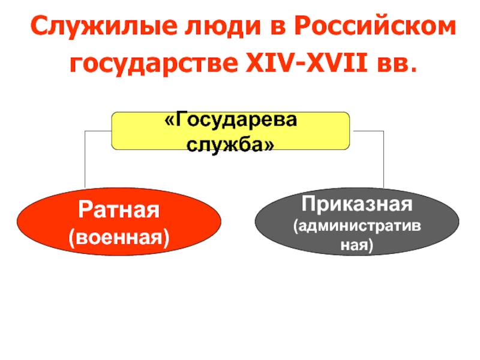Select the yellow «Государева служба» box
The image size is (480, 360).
click(230, 130)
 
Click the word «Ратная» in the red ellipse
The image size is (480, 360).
click(119, 211)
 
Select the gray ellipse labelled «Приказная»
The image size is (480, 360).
click(358, 223)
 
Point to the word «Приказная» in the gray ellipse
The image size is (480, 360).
click(358, 205)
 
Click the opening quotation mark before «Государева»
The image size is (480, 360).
click(169, 121)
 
